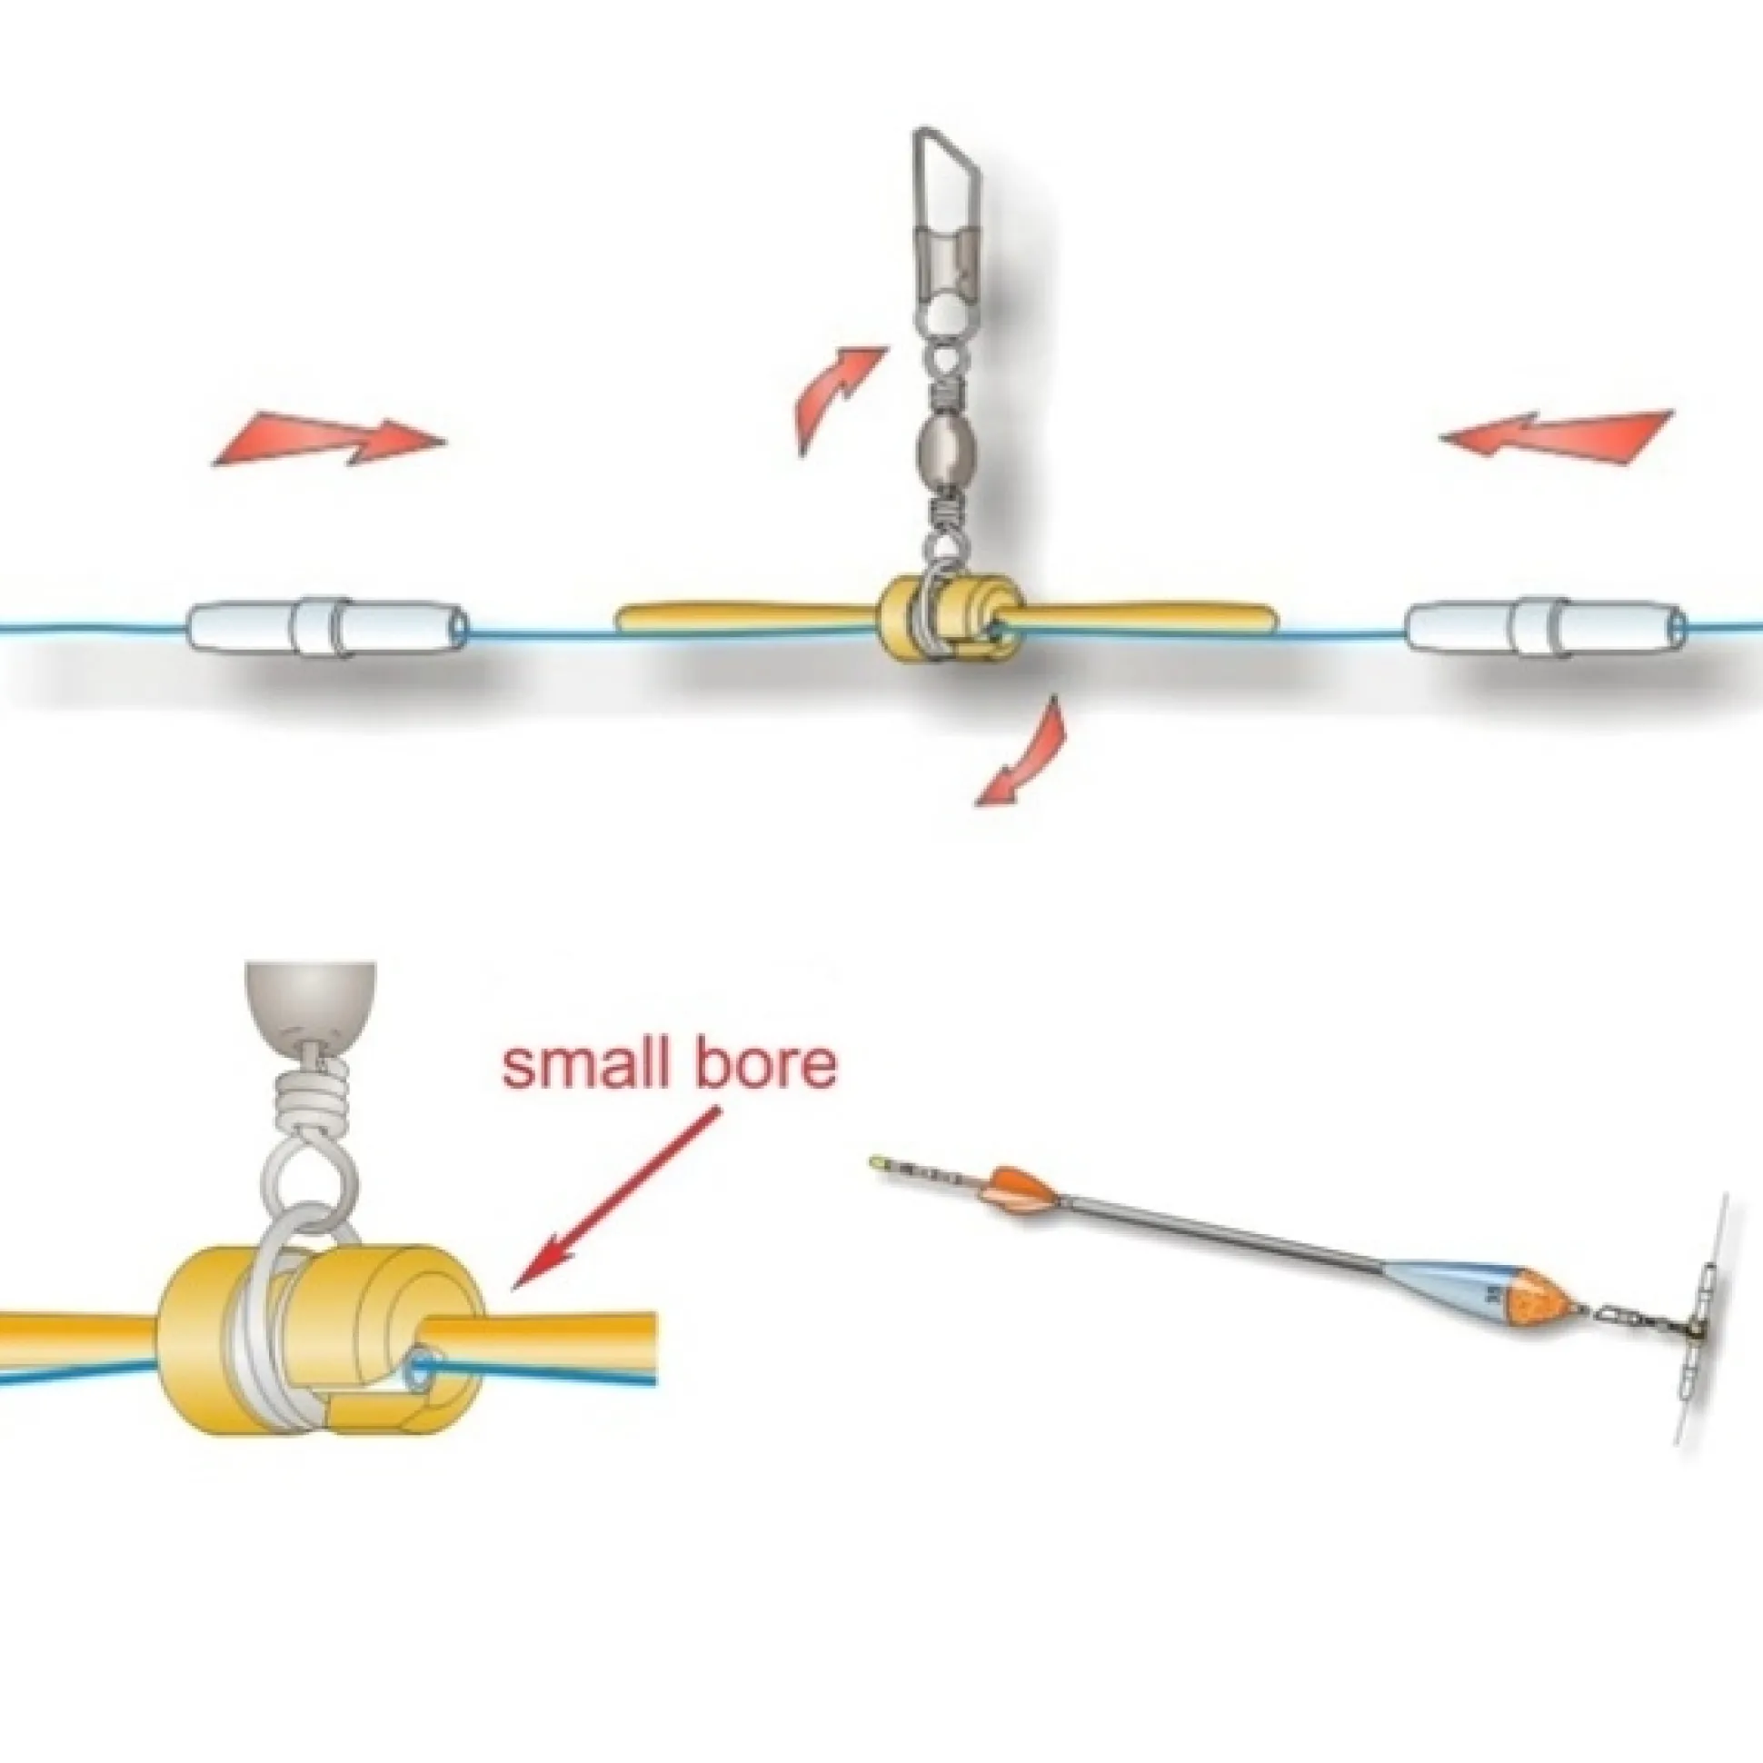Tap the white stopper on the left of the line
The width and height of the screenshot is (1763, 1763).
point(328,627)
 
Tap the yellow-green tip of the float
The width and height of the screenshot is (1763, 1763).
point(877,1160)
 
